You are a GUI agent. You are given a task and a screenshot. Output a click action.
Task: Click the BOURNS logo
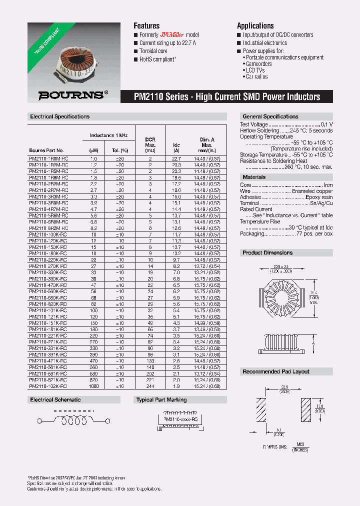(72, 94)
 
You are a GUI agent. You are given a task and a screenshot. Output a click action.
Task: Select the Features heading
(146, 25)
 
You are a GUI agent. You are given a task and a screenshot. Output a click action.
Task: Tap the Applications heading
(255, 25)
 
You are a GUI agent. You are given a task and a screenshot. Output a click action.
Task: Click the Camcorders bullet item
(258, 64)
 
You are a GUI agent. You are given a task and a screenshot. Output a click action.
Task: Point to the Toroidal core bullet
(153, 51)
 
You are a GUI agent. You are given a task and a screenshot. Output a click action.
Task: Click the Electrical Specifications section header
(60, 116)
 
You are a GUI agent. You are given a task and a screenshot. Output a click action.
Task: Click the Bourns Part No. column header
(46, 150)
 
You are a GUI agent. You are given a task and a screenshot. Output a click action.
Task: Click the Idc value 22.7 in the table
(176, 158)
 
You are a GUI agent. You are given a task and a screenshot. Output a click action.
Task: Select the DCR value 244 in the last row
(150, 386)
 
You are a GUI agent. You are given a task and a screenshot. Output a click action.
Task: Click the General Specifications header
(270, 116)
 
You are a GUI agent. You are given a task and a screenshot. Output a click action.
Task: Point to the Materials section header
(254, 177)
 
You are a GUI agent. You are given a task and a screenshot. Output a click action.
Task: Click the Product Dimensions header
(267, 252)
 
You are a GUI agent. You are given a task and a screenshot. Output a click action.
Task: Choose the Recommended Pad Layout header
(276, 371)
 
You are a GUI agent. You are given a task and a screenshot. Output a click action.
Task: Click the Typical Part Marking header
(161, 399)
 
